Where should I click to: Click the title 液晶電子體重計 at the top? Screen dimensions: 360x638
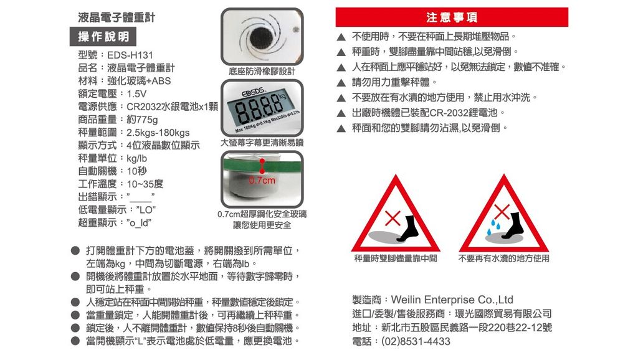(x=117, y=17)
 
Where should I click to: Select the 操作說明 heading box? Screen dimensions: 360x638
(x=103, y=37)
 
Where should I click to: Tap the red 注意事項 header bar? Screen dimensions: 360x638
(x=451, y=17)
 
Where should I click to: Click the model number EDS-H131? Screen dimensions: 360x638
(x=131, y=56)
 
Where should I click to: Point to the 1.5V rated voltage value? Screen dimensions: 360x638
(x=136, y=94)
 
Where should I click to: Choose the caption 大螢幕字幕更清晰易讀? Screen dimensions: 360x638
(x=261, y=143)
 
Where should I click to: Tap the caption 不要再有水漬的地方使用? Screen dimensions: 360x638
(x=503, y=258)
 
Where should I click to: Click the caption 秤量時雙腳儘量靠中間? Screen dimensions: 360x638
(x=395, y=258)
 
